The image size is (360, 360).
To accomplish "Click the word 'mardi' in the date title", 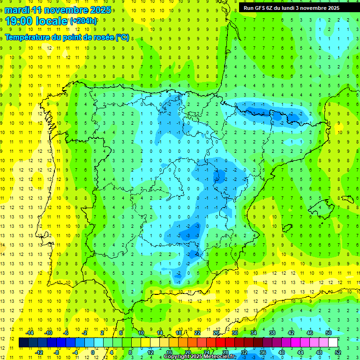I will pos(16,10).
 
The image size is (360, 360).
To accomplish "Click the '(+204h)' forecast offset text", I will pos(83,21).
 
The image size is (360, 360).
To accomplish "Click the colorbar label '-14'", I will pos(30,333).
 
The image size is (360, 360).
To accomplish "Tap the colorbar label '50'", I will pos(329,333).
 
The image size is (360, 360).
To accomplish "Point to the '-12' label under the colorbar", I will pos(39,352).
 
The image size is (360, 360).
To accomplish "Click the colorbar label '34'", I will pos(254,333).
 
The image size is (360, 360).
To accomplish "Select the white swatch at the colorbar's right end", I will pos(333,343).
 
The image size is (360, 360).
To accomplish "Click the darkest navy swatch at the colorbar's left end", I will pos(23,343).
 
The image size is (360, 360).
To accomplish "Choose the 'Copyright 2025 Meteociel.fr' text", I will pos(200,357).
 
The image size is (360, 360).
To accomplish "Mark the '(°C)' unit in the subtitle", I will pos(122,37).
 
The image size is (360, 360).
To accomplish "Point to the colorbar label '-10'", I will pos(48,333).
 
